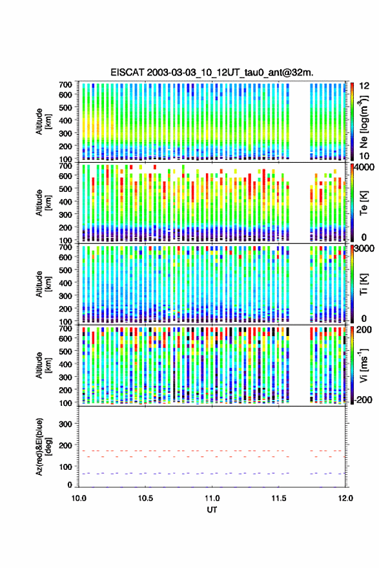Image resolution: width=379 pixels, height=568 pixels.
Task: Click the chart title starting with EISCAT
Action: tap(212, 72)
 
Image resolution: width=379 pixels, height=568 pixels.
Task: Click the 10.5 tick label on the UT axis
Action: tap(145, 498)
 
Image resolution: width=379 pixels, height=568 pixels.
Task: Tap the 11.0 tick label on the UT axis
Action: tap(212, 498)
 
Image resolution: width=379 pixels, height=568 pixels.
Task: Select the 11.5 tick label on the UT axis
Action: tap(279, 498)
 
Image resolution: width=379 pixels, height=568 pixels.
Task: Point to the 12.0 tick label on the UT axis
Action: tap(345, 498)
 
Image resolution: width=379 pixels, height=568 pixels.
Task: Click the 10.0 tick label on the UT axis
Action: tap(79, 498)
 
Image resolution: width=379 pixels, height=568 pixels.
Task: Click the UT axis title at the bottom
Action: tap(212, 510)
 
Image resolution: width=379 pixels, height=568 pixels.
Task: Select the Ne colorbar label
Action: tap(364, 121)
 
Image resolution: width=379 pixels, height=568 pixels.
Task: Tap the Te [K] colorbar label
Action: tap(364, 203)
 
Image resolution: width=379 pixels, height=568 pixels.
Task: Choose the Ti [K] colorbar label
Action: tap(364, 284)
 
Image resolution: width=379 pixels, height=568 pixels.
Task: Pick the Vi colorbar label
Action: tap(364, 365)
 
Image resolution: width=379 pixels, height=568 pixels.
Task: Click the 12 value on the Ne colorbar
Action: tap(364, 86)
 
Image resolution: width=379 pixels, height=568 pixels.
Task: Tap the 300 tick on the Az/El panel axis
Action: tap(65, 424)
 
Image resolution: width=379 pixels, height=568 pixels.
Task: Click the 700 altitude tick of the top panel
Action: tap(65, 85)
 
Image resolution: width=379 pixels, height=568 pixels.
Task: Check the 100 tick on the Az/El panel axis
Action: tap(65, 467)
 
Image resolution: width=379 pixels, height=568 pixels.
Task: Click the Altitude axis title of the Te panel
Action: tap(43, 203)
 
